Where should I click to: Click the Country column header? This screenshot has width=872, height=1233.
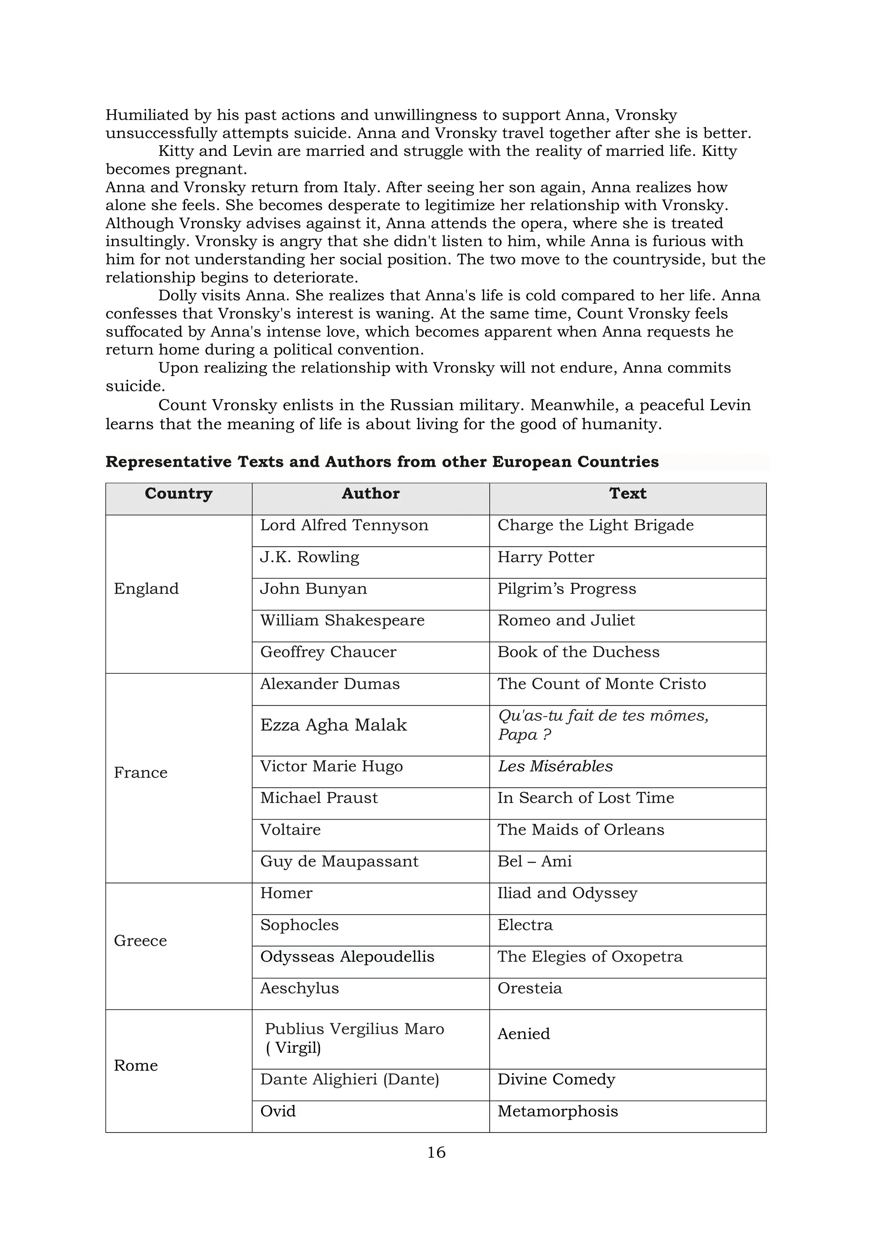point(178,493)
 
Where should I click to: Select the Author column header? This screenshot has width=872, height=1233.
point(370,493)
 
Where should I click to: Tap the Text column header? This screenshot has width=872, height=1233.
point(627,493)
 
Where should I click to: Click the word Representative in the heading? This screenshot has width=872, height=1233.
point(168,462)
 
